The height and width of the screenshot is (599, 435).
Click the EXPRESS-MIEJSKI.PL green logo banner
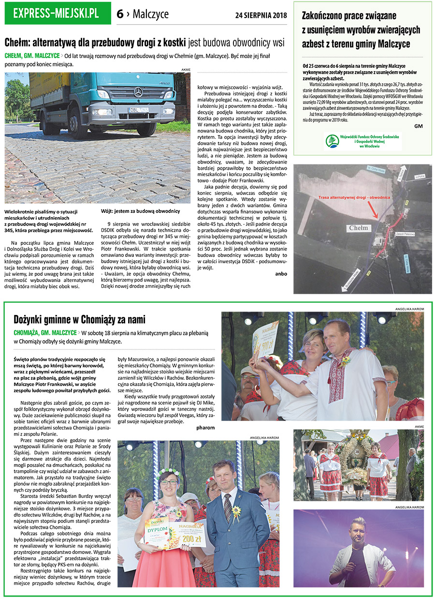point(57,13)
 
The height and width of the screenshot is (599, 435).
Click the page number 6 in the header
point(120,14)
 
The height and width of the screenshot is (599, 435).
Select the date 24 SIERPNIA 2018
point(261,14)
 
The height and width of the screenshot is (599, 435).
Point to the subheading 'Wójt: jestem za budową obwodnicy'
point(140,211)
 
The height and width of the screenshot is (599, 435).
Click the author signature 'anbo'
point(281,273)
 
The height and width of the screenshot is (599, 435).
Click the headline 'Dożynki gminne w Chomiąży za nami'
point(80,319)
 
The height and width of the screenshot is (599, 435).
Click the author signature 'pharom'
point(205,428)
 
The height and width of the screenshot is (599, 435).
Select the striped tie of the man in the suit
point(228,508)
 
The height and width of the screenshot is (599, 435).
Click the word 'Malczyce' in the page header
point(150,14)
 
